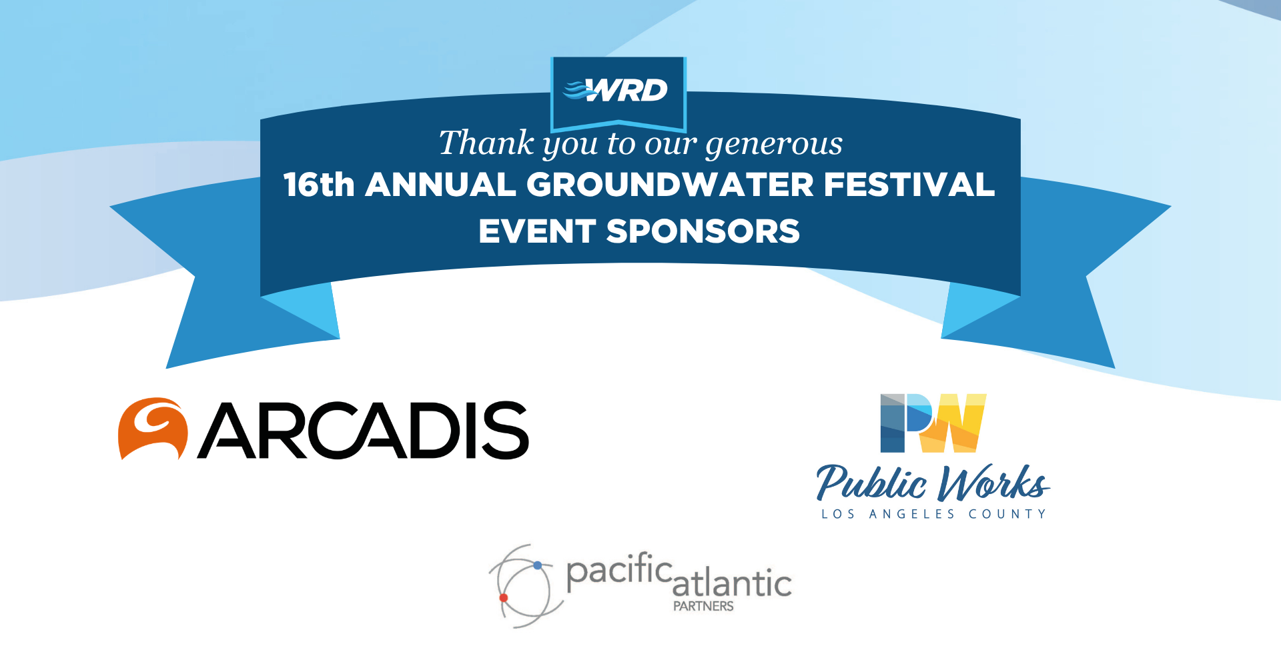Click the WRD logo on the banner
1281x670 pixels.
pos(617,90)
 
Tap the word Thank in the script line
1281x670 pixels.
pos(486,143)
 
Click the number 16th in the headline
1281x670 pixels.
pos(318,185)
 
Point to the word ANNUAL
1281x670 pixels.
pos(440,185)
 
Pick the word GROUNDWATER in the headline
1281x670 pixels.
pos(670,185)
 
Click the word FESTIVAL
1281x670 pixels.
pos(909,185)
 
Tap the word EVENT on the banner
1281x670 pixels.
pos(536,231)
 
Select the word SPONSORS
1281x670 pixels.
pos(703,231)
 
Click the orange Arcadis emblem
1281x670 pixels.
pos(152,429)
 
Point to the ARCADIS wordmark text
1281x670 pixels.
pos(364,431)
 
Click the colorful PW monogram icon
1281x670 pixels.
pos(933,423)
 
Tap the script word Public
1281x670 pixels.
pos(871,483)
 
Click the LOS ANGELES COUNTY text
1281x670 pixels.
pos(933,514)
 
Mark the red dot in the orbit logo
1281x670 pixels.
pos(504,598)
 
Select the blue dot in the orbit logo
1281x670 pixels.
pos(537,565)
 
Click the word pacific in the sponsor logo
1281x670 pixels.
pos(619,572)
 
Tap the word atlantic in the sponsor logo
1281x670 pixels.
pos(732,584)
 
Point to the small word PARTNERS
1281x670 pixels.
pos(703,606)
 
